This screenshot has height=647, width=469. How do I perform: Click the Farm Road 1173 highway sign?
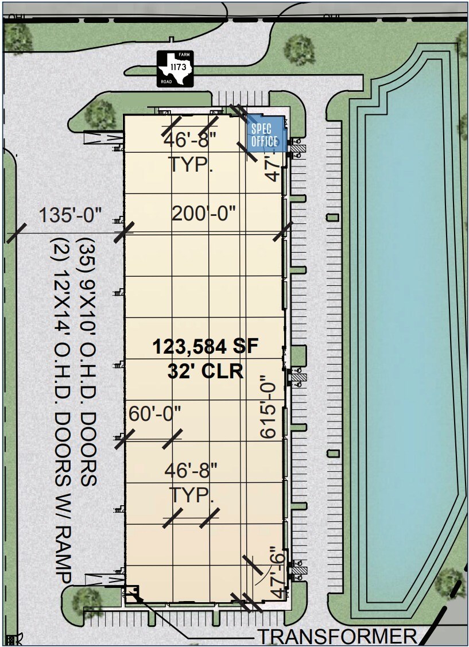(176, 69)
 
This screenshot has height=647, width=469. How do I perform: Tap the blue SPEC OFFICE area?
(265, 134)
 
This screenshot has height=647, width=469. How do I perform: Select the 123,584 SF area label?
(206, 347)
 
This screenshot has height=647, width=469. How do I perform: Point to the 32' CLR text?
(206, 371)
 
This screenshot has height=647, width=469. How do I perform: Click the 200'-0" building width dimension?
(204, 214)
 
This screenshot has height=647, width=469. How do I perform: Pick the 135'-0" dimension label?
(70, 216)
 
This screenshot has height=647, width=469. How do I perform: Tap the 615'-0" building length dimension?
(270, 408)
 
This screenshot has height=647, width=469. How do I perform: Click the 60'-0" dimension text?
(155, 414)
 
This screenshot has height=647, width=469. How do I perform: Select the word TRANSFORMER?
(336, 636)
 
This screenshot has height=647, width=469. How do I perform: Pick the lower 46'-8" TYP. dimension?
(191, 483)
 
